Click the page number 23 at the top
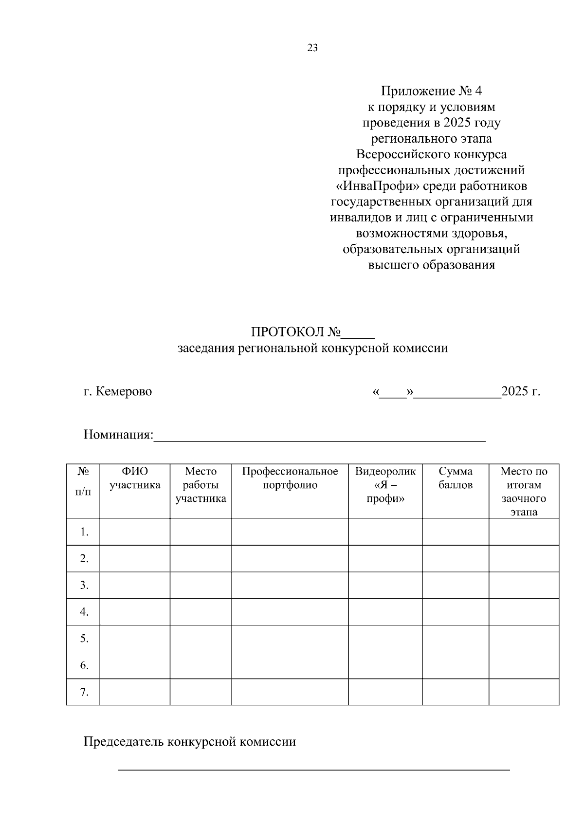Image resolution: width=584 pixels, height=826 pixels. (x=312, y=48)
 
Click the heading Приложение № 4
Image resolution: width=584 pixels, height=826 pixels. (x=431, y=91)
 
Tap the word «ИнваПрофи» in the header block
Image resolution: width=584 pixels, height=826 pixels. (x=377, y=186)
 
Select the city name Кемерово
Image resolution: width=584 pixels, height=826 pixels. (x=124, y=391)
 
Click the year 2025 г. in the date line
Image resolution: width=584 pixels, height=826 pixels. (x=521, y=391)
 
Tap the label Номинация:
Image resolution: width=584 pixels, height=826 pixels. (x=118, y=434)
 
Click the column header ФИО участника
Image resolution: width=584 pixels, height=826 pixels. (x=135, y=478)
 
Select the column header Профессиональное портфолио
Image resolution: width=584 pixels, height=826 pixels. (x=290, y=478)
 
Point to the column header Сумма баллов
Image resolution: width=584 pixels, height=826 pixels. (x=456, y=478)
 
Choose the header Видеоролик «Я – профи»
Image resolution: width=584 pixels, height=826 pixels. (x=385, y=485)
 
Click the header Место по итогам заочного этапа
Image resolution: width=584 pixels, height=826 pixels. (x=524, y=491)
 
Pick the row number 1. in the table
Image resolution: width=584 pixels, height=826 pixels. (x=84, y=532)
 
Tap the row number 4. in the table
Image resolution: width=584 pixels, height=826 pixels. (x=84, y=612)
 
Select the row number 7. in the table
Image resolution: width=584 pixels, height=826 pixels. (x=84, y=692)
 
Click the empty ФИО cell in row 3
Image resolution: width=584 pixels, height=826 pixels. (x=135, y=585)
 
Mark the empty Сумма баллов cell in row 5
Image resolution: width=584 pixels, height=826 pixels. (x=456, y=639)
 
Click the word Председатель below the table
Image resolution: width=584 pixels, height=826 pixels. (x=124, y=742)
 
